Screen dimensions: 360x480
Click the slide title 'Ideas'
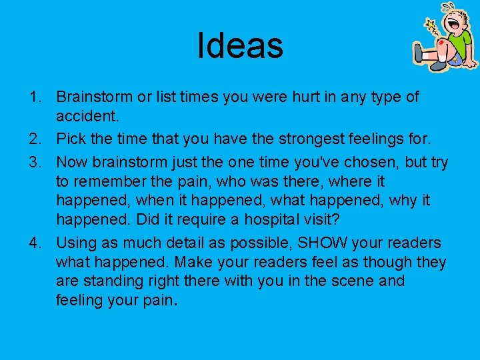click(240, 45)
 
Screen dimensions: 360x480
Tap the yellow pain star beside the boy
click(431, 26)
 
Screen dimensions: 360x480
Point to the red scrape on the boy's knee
click(441, 46)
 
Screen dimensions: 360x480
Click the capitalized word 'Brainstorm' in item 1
click(95, 97)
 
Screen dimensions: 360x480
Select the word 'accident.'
click(87, 117)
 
